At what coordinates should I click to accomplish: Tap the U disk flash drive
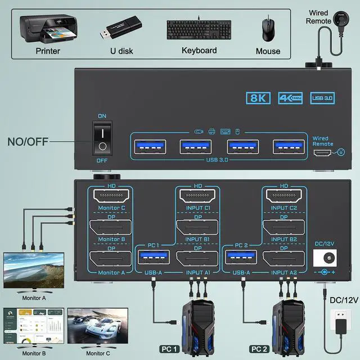coord(120,29)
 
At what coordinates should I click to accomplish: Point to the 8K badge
coord(258,98)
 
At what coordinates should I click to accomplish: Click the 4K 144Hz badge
coord(290,98)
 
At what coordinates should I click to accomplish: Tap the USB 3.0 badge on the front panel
coord(322,98)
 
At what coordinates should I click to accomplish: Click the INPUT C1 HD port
coord(198,196)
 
